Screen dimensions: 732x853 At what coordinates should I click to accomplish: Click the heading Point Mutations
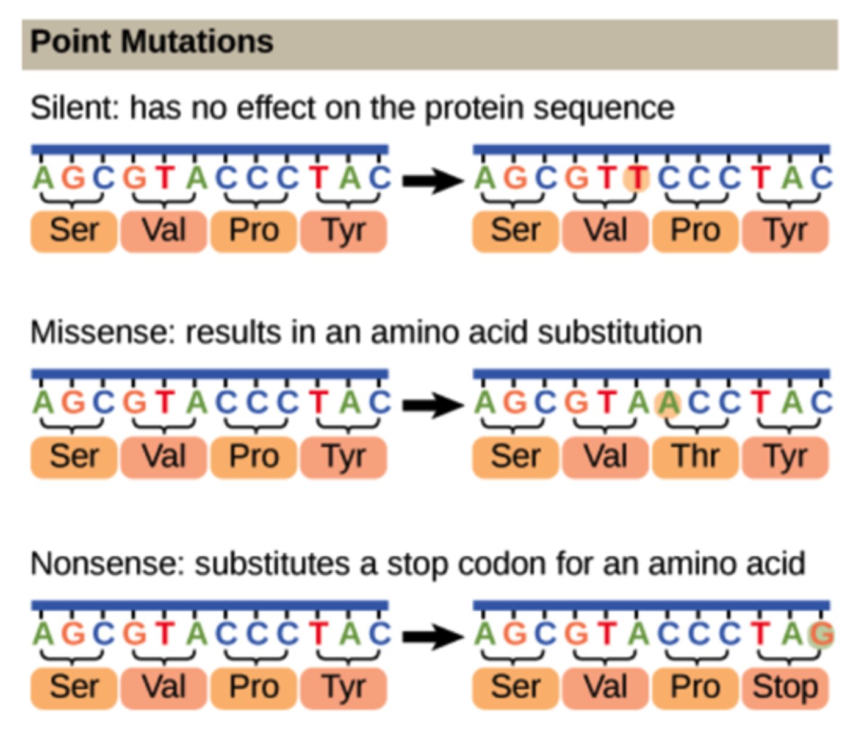151,43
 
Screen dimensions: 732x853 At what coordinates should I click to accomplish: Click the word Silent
74,108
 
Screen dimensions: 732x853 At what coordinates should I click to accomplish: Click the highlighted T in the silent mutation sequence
637,179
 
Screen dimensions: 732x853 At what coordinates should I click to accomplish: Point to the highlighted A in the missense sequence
668,403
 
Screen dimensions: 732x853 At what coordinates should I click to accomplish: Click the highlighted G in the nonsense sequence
821,634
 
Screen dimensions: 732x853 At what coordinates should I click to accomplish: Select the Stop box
785,687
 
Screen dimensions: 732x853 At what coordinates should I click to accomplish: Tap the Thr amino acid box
695,456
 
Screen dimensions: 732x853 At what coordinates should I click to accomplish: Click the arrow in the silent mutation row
432,180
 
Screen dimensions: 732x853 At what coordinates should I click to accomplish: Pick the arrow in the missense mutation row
432,404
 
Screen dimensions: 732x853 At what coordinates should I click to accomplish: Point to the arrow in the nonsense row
432,636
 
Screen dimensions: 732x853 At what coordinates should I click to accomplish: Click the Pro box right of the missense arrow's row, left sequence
254,456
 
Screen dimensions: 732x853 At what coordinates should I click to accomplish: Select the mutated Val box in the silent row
605,231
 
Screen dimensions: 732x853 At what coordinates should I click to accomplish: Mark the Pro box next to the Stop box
695,687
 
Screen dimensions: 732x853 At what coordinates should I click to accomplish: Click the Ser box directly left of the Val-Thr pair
515,456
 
